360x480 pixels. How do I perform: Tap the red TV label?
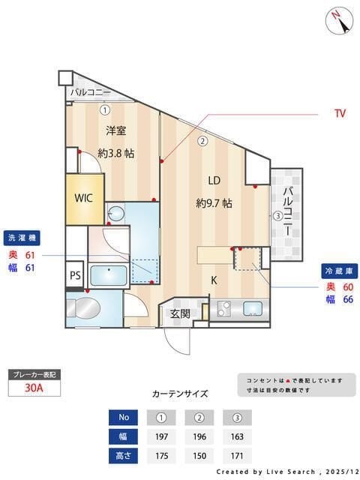[340, 114]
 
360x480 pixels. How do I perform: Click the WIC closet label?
[83, 198]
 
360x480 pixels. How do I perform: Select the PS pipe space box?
[75, 274]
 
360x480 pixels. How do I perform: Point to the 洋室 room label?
[115, 130]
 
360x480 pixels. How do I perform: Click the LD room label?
[214, 180]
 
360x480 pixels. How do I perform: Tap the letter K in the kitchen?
[214, 280]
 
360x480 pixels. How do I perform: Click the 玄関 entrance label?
[180, 313]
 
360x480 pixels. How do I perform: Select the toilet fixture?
[85, 307]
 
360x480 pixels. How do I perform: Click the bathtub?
[111, 275]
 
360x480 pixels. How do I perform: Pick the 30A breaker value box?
[34, 388]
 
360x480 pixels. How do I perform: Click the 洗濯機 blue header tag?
[22, 238]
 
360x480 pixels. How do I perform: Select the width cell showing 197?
[160, 436]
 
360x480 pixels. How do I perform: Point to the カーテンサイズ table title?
[180, 394]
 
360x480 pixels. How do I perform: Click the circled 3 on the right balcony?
[277, 216]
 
